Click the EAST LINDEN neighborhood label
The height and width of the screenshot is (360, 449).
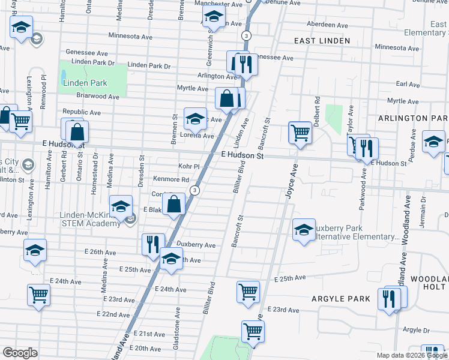pos(322,41)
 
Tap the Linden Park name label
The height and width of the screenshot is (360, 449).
pos(83,83)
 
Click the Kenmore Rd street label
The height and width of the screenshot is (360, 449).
pos(170,179)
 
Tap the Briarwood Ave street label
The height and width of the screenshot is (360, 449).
pos(97,96)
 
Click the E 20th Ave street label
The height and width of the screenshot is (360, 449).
pos(145,348)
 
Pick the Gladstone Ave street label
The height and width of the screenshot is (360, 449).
pos(178,321)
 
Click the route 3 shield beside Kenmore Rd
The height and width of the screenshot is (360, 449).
pos(194,190)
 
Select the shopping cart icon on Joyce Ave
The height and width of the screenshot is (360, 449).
pos(300,133)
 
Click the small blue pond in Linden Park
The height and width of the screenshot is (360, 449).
pos(64,76)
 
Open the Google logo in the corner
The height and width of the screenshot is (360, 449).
pos(20,353)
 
